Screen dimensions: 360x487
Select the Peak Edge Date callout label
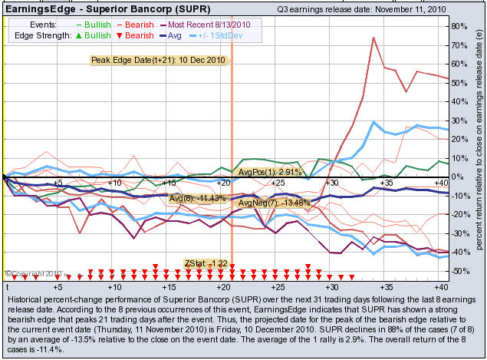tap(159, 61)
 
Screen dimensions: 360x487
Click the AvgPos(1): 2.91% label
tap(269, 173)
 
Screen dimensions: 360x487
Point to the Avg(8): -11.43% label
tap(196, 198)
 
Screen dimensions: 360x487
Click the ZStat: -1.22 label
tap(206, 263)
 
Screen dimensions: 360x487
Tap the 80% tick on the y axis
tap(461, 25)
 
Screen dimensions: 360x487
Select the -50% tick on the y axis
tap(460, 271)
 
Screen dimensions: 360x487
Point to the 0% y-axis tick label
tap(458, 177)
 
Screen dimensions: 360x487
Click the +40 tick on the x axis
tap(440, 183)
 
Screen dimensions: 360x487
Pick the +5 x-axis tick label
tap(58, 183)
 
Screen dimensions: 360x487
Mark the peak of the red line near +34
tap(373, 37)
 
